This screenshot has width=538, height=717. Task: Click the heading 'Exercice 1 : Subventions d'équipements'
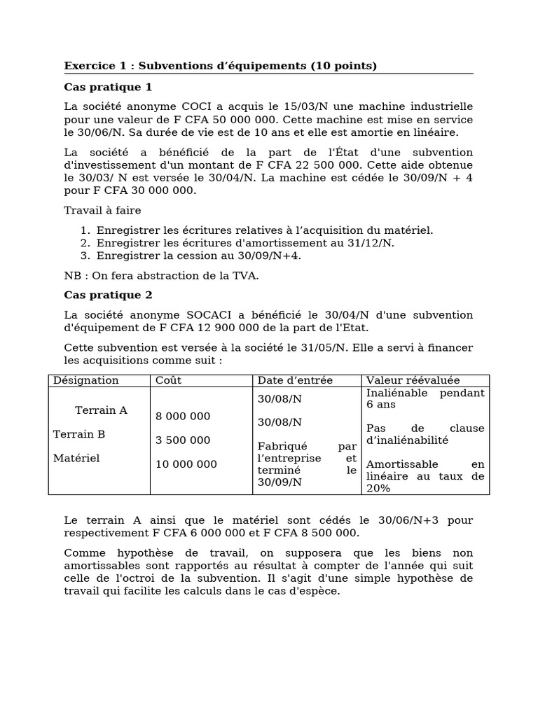point(220,66)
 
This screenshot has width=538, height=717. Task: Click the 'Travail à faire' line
point(102,210)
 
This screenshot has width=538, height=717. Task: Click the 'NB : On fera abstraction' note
point(161,275)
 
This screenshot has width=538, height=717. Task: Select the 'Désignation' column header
point(86,380)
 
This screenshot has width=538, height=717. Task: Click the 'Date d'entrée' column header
point(295,380)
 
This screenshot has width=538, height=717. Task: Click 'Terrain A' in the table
point(101,410)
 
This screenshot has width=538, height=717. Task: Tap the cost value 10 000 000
point(186,464)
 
